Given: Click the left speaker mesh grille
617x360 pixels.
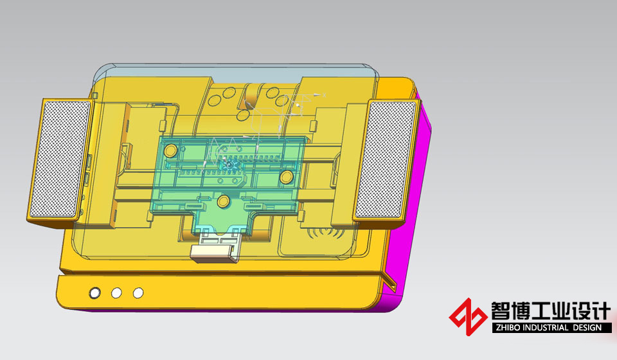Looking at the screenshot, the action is pyautogui.click(x=60, y=159).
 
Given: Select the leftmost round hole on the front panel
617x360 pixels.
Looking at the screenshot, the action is pyautogui.click(x=95, y=292).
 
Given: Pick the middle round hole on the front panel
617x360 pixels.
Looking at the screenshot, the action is pyautogui.click(x=116, y=292).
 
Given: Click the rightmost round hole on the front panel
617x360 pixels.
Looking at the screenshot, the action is pyautogui.click(x=138, y=292).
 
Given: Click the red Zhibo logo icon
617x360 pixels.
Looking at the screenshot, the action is pyautogui.click(x=468, y=317).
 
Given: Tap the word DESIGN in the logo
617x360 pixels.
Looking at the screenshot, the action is pyautogui.click(x=587, y=328).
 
